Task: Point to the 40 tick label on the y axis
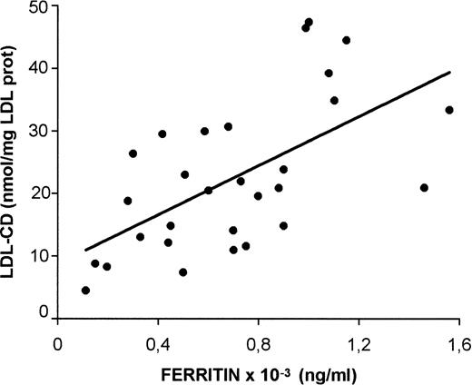(x=35, y=69)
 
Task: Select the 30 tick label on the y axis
(x=35, y=131)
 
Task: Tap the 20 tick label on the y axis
(x=35, y=192)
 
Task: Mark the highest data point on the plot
(x=309, y=22)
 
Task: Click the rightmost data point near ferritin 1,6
(x=449, y=110)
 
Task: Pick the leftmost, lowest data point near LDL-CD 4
(x=85, y=291)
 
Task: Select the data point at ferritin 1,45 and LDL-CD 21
(x=424, y=188)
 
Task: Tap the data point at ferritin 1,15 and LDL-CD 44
(x=346, y=40)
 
